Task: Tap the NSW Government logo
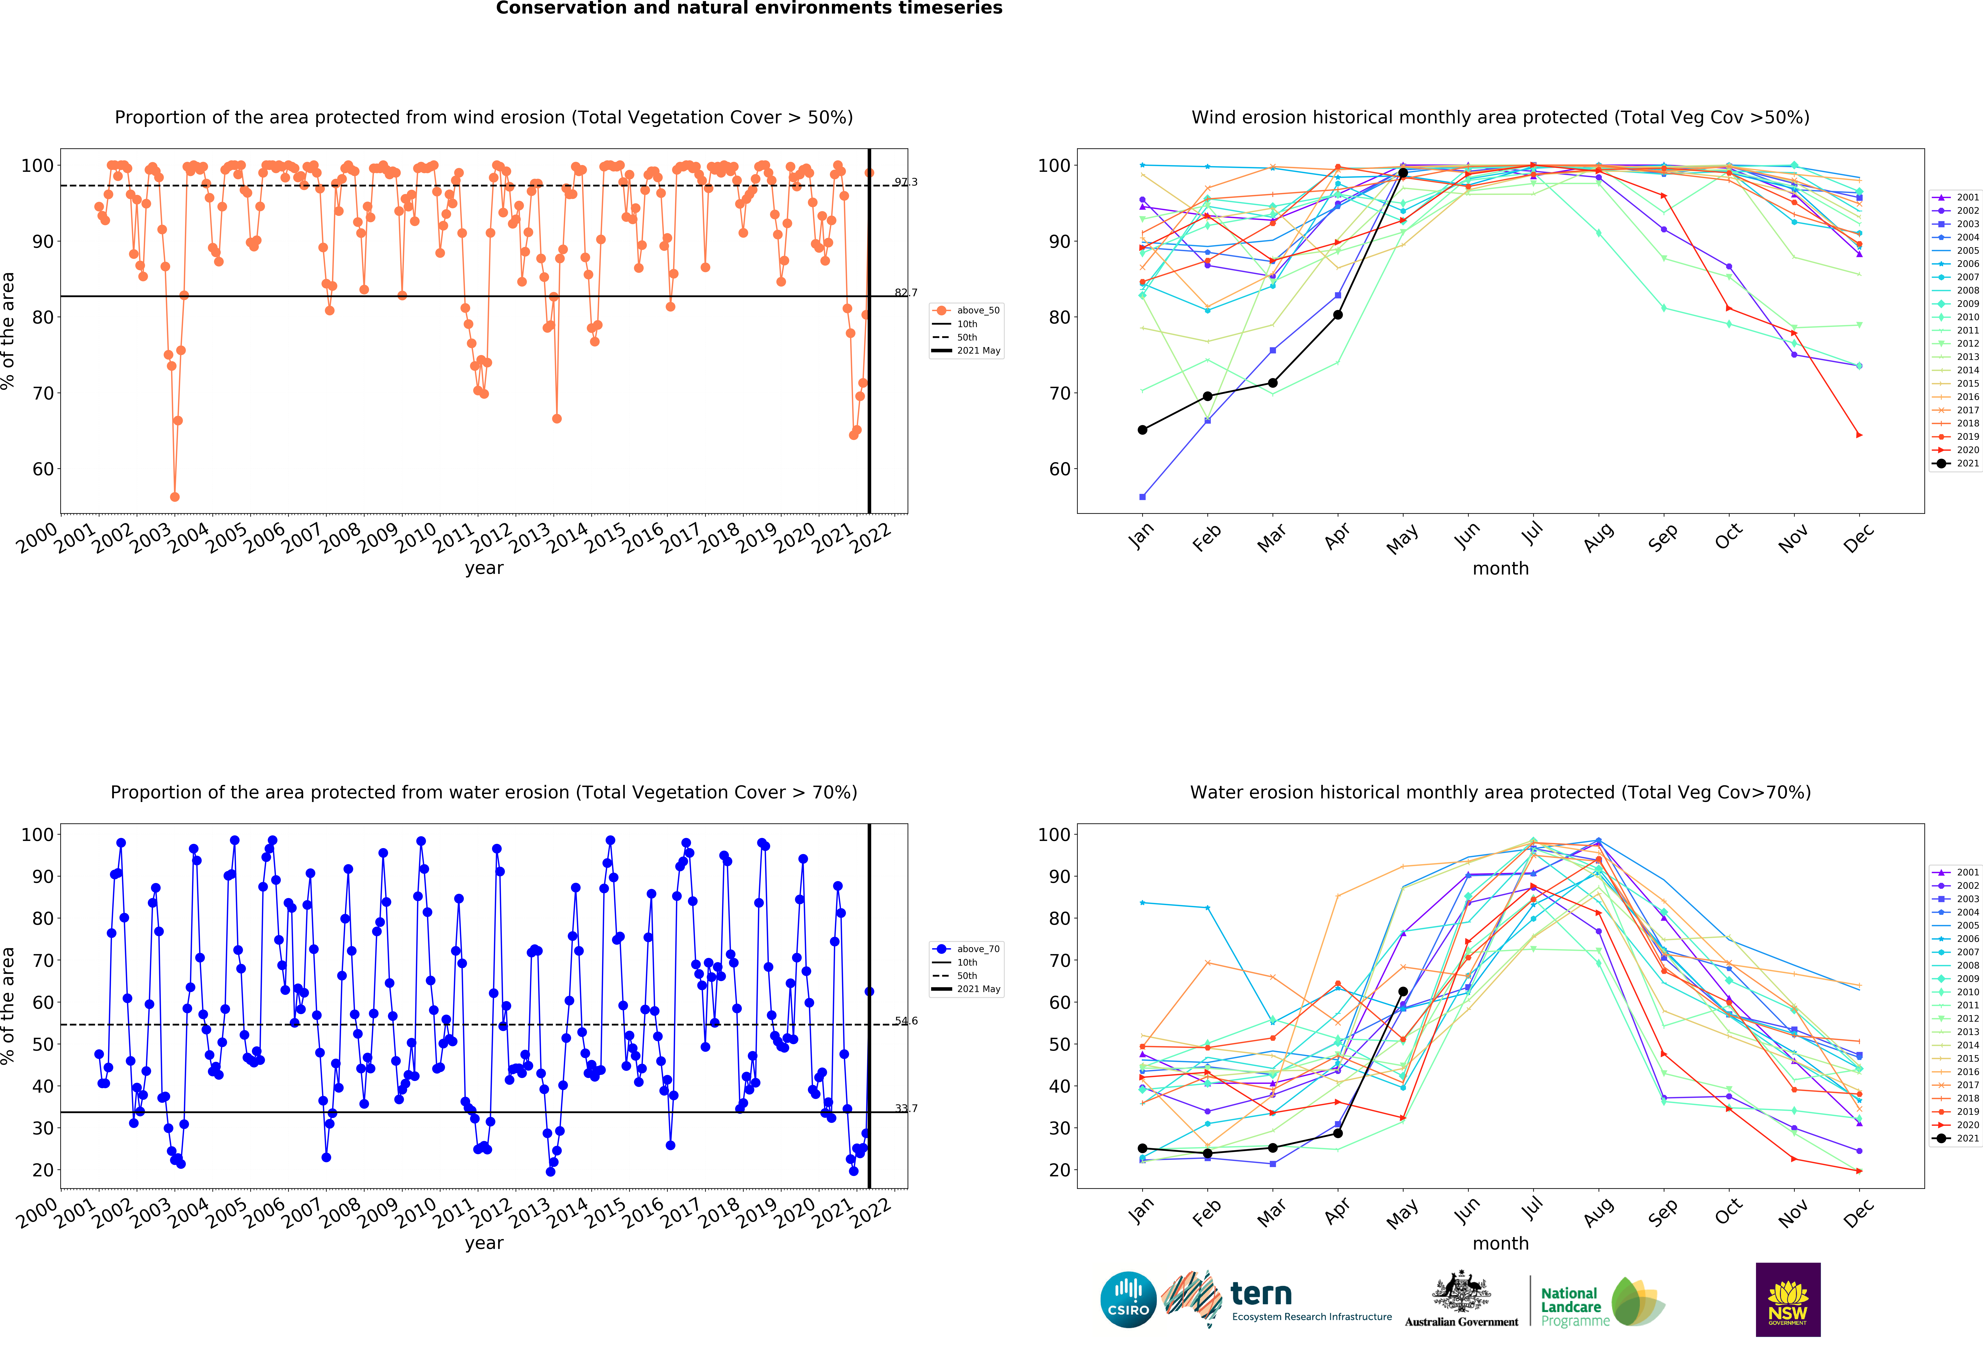[x=1788, y=1299]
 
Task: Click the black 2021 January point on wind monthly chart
[x=1142, y=429]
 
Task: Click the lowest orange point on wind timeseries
[x=175, y=497]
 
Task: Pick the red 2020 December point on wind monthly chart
[x=1859, y=435]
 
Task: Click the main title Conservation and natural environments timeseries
[x=749, y=8]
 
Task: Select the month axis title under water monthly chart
[x=1500, y=1243]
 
